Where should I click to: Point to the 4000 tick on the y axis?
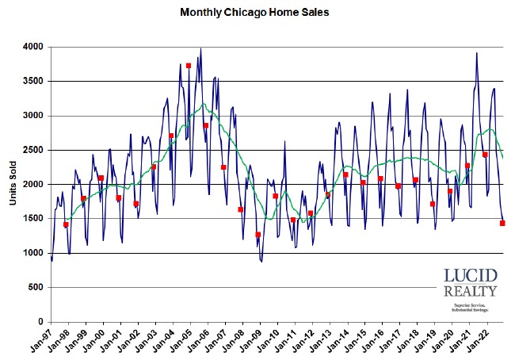pos(33,48)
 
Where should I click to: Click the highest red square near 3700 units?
pos(189,66)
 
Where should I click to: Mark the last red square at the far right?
pos(502,224)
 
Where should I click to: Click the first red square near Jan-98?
pos(66,225)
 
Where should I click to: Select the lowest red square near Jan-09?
pos(257,235)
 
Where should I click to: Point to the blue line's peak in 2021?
pos(477,53)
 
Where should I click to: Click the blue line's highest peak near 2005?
pos(200,49)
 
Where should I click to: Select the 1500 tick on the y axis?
pos(33,219)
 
